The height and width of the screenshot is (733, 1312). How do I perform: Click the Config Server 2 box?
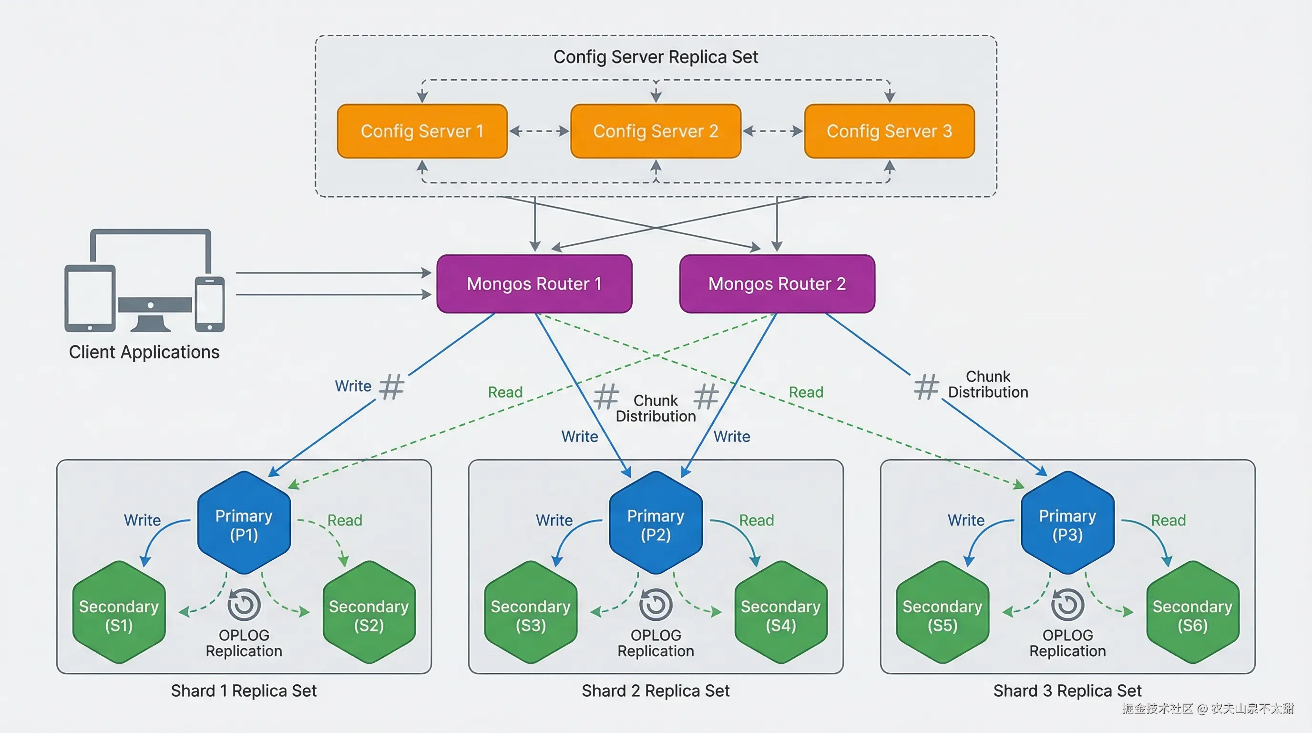[x=656, y=131]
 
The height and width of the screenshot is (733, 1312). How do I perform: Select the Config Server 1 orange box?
[x=422, y=131]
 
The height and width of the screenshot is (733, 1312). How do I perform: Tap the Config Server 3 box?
[x=889, y=131]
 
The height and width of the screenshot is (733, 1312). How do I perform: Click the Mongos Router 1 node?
[x=534, y=283]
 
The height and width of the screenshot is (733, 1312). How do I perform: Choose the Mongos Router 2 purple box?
[x=777, y=283]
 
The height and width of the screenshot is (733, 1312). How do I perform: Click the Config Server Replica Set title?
[x=656, y=57]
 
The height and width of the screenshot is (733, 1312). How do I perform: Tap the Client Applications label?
[x=144, y=352]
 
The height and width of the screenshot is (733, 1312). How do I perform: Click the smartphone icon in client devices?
[x=210, y=304]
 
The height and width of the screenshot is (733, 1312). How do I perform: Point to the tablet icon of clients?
[x=90, y=298]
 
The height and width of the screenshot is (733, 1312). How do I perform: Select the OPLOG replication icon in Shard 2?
[x=656, y=605]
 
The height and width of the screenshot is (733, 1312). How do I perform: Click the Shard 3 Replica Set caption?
[x=1067, y=691]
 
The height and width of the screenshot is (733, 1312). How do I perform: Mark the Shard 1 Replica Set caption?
[x=244, y=691]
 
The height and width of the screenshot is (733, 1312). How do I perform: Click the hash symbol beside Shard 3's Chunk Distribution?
[x=925, y=387]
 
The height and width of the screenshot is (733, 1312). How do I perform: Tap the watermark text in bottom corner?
[x=1208, y=709]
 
